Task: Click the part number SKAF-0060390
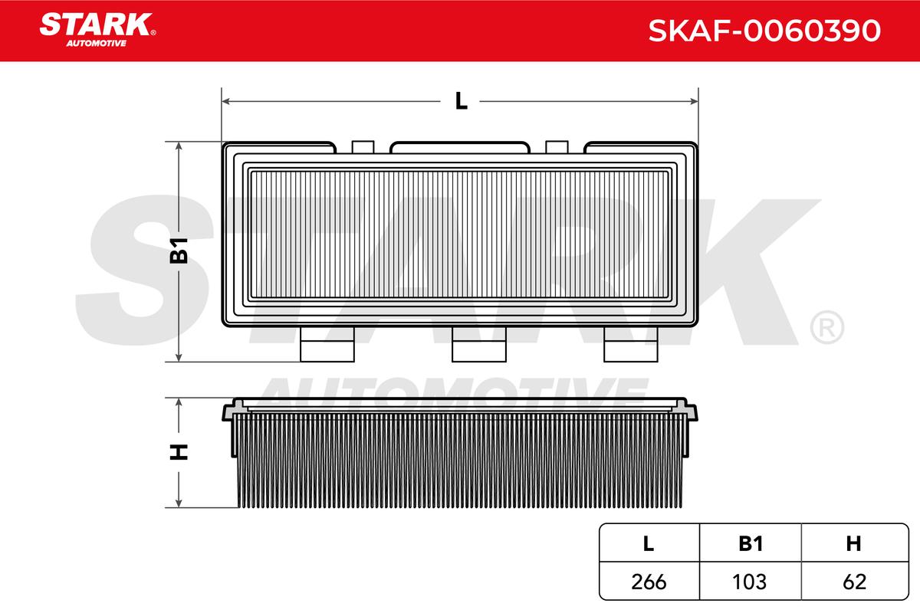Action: coord(764,31)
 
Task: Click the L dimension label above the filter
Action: coord(462,101)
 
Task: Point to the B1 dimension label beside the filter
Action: coord(179,251)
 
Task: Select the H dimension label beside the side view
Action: coord(179,452)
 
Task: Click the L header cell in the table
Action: coord(649,543)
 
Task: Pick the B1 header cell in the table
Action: coord(751,543)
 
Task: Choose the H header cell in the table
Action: coord(854,543)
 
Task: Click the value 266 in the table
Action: coord(649,582)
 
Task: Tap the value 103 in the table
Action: coord(750,582)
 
